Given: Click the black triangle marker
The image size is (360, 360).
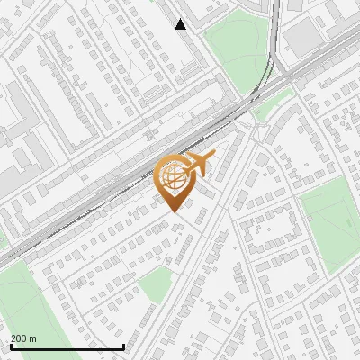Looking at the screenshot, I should pos(181,24).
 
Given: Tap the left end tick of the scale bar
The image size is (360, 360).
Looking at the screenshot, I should pos(11,345).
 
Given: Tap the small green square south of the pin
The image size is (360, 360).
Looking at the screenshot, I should pos(155,283).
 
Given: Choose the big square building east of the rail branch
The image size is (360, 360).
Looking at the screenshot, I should pos(303,34).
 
